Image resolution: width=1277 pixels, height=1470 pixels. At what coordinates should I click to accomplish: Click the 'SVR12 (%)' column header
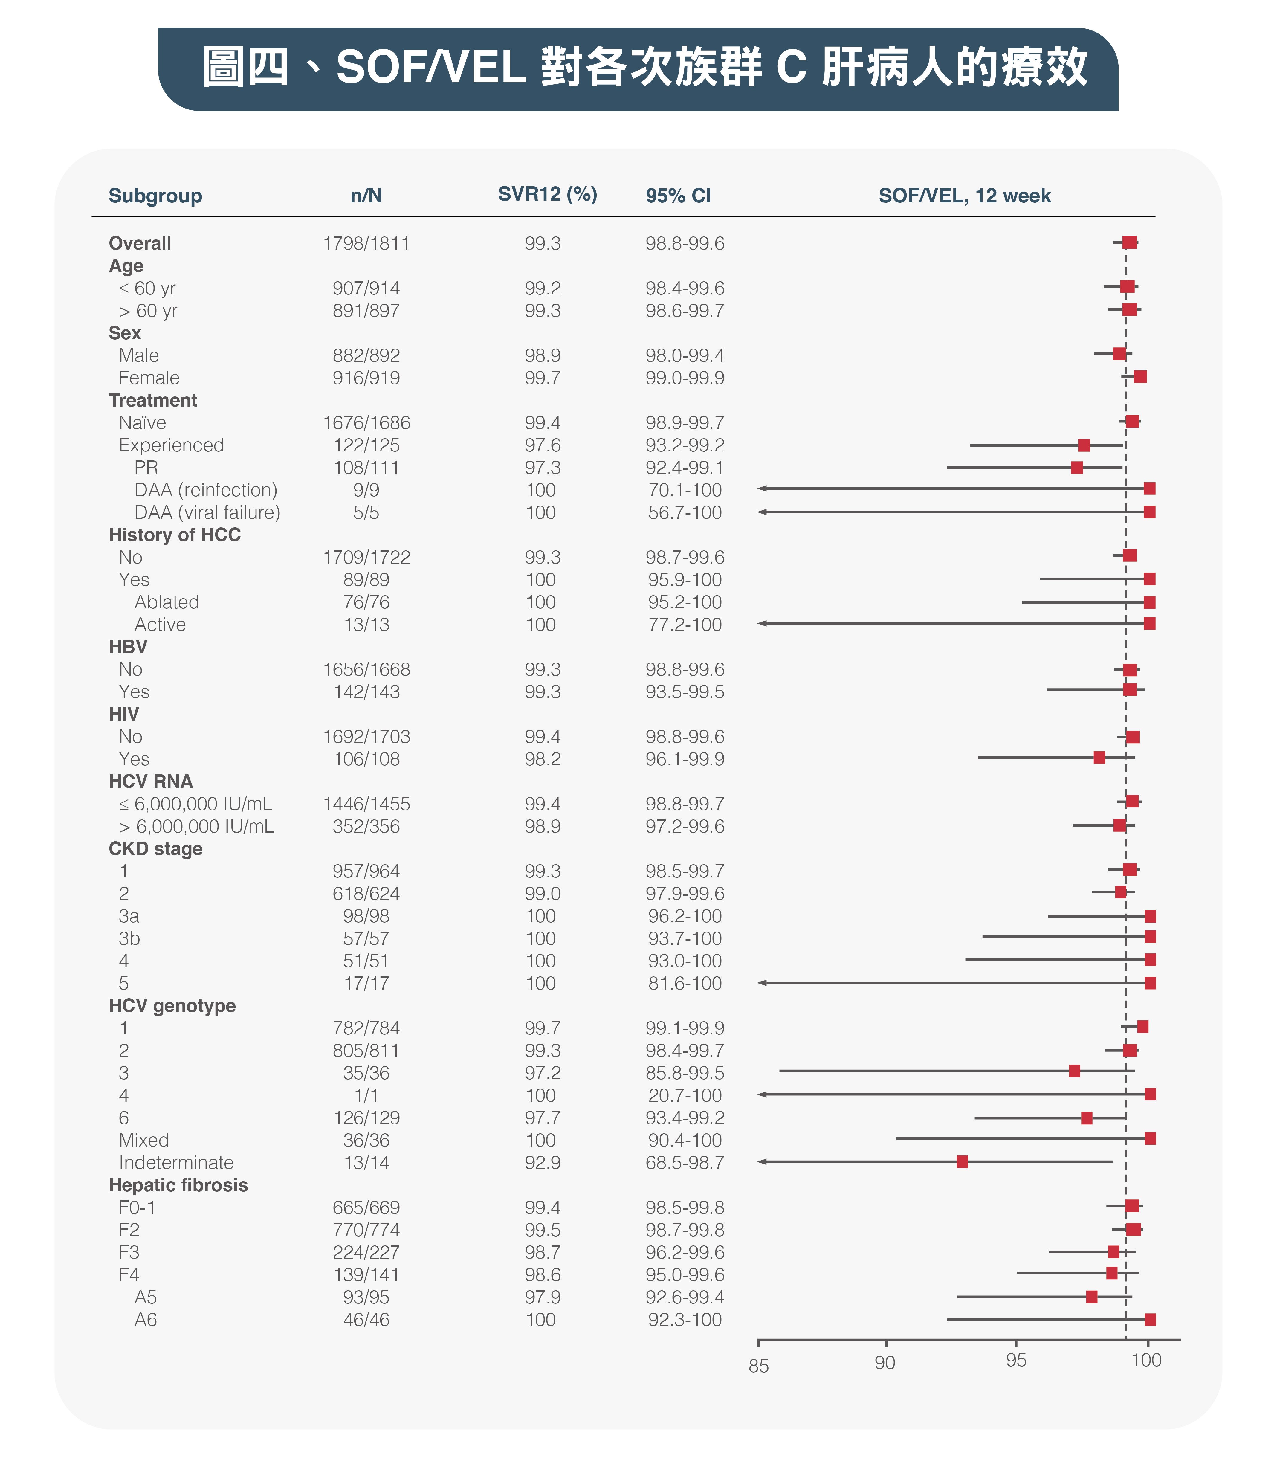pos(547,195)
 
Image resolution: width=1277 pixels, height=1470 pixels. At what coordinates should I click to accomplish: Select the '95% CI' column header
pos(678,196)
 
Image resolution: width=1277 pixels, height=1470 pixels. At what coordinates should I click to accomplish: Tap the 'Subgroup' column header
pos(155,196)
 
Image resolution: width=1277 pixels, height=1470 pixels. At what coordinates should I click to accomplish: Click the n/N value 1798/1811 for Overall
pos(366,244)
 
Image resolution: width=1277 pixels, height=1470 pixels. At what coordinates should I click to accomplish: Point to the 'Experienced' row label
pos(171,445)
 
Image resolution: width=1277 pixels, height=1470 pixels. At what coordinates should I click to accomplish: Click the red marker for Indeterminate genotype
pos(962,1162)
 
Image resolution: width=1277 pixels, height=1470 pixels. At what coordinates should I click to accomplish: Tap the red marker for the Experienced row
pos(1084,445)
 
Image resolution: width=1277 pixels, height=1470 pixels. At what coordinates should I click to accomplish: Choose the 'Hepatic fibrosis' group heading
pos(178,1185)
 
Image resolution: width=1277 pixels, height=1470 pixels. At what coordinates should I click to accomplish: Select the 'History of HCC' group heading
pos(175,535)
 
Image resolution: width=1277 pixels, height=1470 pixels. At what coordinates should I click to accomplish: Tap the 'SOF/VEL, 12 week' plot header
pos(965,196)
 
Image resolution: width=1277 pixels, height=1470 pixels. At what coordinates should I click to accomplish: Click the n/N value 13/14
pos(366,1163)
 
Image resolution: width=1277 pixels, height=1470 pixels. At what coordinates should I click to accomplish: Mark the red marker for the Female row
pos(1140,376)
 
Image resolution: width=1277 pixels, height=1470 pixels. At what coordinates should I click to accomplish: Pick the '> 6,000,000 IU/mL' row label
pos(196,827)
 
